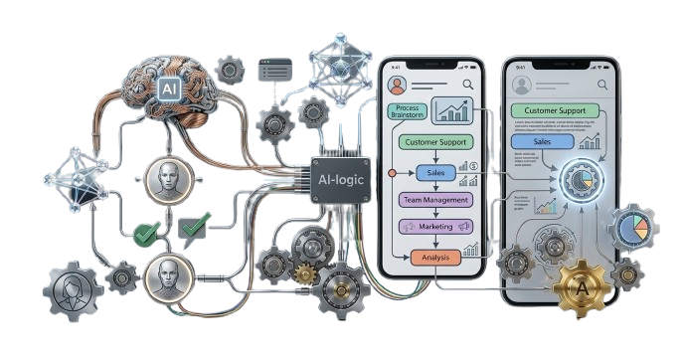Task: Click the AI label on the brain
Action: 169,90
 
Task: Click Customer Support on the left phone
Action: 435,142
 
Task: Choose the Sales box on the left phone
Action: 434,173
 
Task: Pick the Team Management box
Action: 435,200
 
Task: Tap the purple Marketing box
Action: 434,227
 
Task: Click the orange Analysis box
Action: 436,258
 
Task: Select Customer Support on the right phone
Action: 556,111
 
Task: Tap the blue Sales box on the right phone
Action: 542,143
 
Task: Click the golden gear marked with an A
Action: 581,288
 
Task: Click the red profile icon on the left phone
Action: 399,84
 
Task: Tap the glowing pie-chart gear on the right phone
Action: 581,182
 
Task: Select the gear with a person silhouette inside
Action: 74,290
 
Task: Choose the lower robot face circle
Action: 166,272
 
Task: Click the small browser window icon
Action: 275,70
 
